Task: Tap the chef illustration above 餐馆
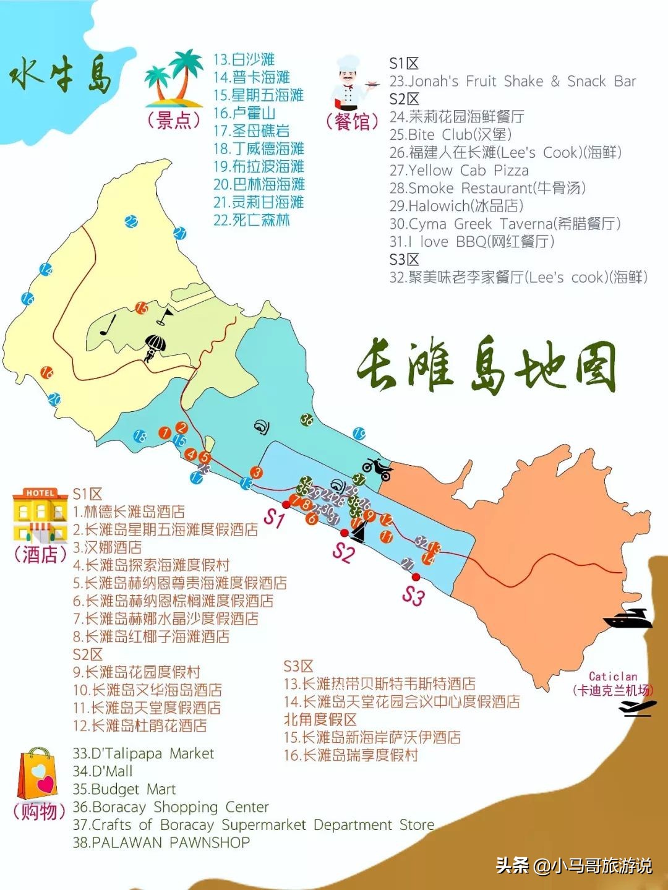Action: point(349,83)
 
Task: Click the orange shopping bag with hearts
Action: point(38,773)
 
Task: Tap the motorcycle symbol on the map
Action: point(378,468)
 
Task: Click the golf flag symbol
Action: point(165,317)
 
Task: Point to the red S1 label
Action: point(273,518)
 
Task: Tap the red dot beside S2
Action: point(345,533)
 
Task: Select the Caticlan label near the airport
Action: point(612,677)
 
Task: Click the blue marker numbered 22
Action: point(131,221)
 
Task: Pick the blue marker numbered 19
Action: point(359,434)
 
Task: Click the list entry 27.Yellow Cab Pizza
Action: point(459,171)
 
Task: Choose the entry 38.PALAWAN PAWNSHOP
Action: point(161,842)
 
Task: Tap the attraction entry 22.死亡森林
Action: point(252,220)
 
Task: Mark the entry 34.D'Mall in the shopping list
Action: point(103,771)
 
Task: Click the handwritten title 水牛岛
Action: point(61,75)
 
